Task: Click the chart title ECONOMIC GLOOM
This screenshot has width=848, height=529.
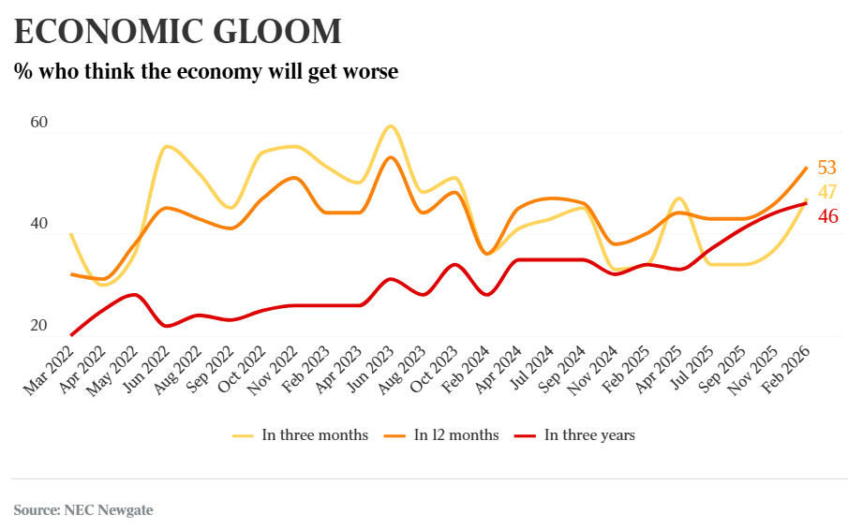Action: click(x=178, y=32)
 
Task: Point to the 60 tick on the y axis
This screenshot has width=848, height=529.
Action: click(x=38, y=123)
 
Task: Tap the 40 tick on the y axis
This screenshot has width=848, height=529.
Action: click(x=38, y=225)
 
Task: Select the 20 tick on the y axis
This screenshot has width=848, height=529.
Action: click(x=38, y=326)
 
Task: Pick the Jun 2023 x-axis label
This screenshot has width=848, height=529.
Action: click(x=372, y=369)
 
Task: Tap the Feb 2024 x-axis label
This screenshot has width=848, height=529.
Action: click(x=467, y=369)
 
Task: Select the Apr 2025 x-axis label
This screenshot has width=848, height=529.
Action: click(x=661, y=369)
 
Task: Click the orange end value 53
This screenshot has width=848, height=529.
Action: click(x=826, y=169)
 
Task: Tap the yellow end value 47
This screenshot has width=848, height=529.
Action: click(x=826, y=192)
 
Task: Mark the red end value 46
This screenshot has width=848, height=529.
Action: click(x=826, y=216)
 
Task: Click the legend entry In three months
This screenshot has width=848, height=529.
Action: click(x=314, y=435)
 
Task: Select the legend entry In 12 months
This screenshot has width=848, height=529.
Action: click(x=456, y=435)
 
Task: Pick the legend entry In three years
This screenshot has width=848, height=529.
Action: click(x=589, y=435)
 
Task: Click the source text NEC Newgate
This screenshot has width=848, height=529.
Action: click(x=108, y=510)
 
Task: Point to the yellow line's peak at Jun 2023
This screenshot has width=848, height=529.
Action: click(x=391, y=125)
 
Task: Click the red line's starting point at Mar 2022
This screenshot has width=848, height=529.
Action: click(x=71, y=334)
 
